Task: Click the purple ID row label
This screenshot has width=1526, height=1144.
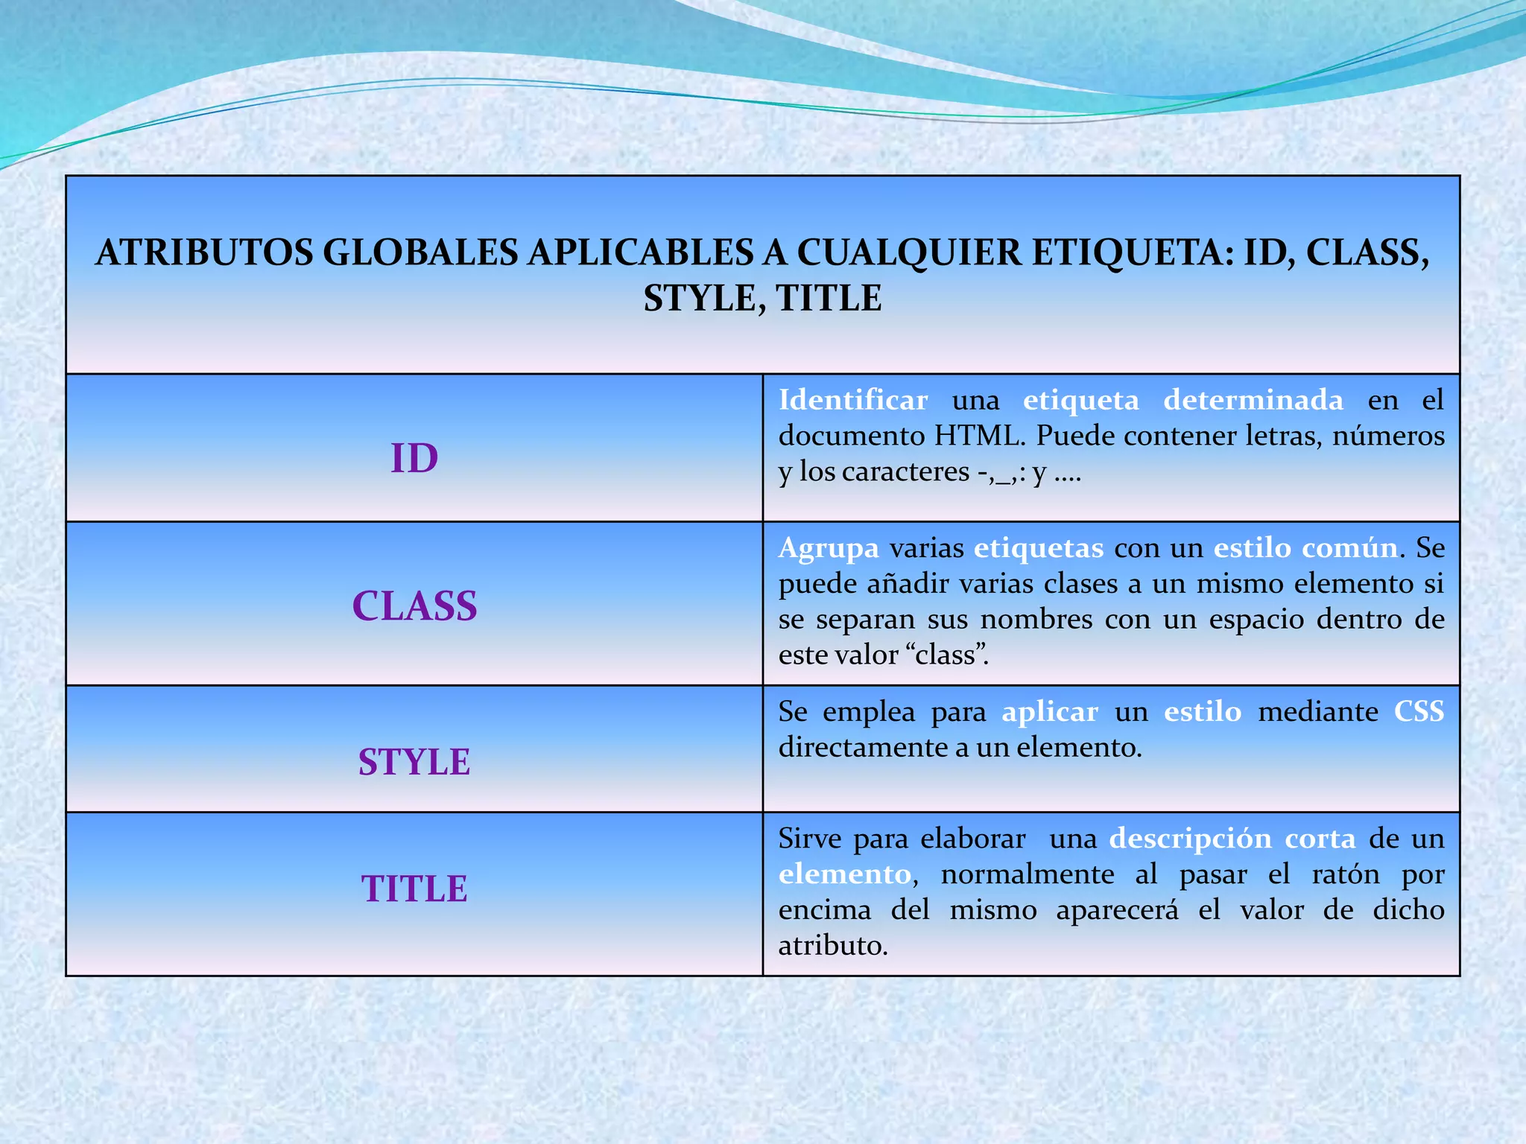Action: pyautogui.click(x=414, y=458)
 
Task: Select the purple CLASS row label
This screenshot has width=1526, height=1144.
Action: pyautogui.click(x=414, y=606)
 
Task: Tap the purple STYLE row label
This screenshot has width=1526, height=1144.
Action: pyautogui.click(x=414, y=762)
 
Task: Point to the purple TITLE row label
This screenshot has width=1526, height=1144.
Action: pyautogui.click(x=414, y=889)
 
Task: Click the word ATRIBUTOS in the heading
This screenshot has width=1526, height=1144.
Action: pyautogui.click(x=204, y=252)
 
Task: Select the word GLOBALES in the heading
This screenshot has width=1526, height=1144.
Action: pyautogui.click(x=420, y=252)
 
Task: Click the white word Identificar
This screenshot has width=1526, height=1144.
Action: pyautogui.click(x=853, y=400)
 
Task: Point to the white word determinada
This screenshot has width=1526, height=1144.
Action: pyautogui.click(x=1253, y=400)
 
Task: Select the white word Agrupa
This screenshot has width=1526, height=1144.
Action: pyautogui.click(x=829, y=548)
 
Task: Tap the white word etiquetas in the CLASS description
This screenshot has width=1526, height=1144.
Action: pyautogui.click(x=1039, y=548)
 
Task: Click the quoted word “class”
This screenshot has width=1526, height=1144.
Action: pyautogui.click(x=947, y=655)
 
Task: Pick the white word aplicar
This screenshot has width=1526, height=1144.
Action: pyautogui.click(x=1050, y=712)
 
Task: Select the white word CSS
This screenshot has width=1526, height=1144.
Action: pyautogui.click(x=1419, y=712)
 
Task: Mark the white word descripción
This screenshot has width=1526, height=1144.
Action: pyautogui.click(x=1190, y=839)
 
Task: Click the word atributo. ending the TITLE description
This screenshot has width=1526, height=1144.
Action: pyautogui.click(x=833, y=946)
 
